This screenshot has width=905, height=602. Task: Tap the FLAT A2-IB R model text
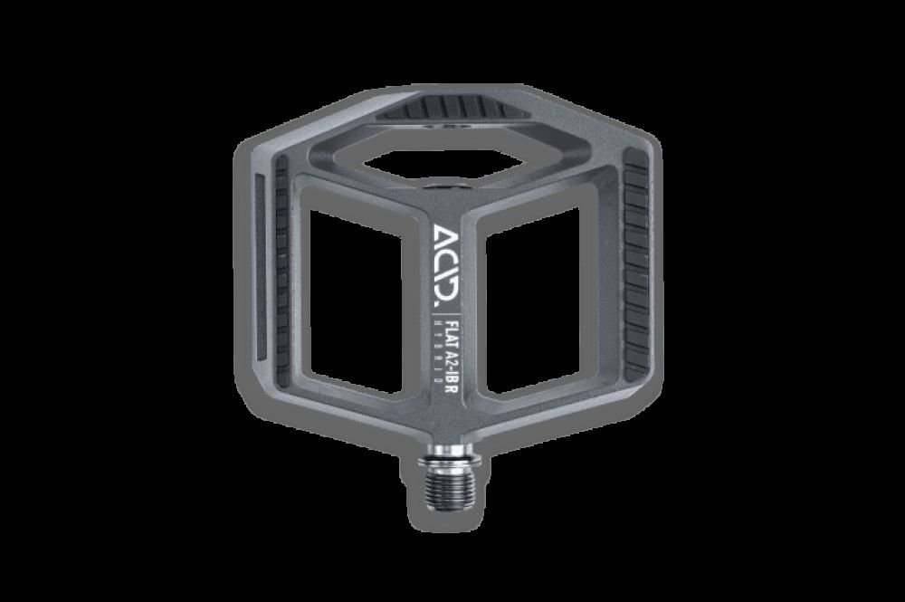[450, 349]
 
